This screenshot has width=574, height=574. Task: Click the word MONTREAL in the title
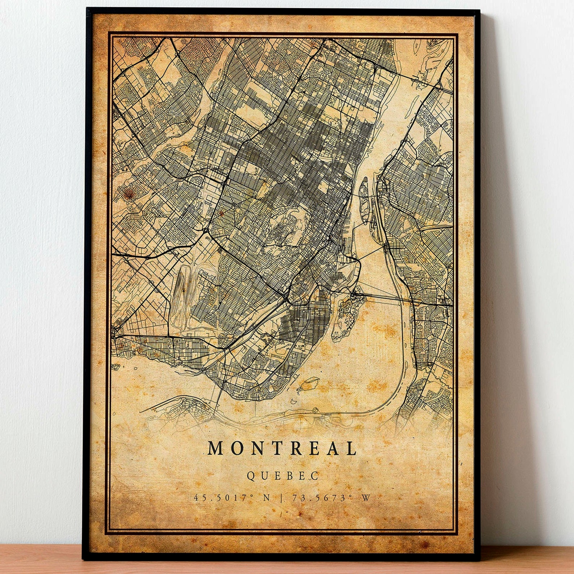[282, 449]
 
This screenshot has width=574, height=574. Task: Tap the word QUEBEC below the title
[282, 476]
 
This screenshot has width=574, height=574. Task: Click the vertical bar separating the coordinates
[282, 498]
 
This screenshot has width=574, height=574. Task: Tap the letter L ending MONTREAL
[351, 449]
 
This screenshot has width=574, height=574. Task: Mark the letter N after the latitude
[266, 498]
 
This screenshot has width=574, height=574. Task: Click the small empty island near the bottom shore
[310, 384]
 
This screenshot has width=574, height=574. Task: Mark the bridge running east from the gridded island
[383, 297]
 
